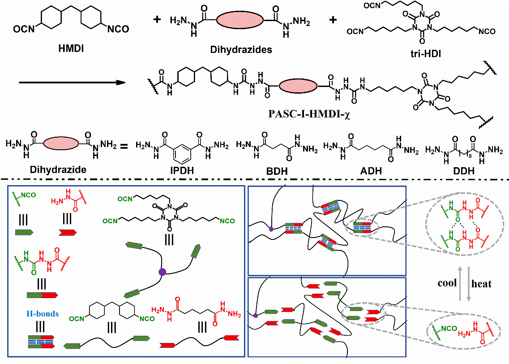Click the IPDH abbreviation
(181, 171)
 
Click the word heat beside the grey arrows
(481, 283)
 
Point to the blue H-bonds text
(42, 314)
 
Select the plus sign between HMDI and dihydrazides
(156, 21)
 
